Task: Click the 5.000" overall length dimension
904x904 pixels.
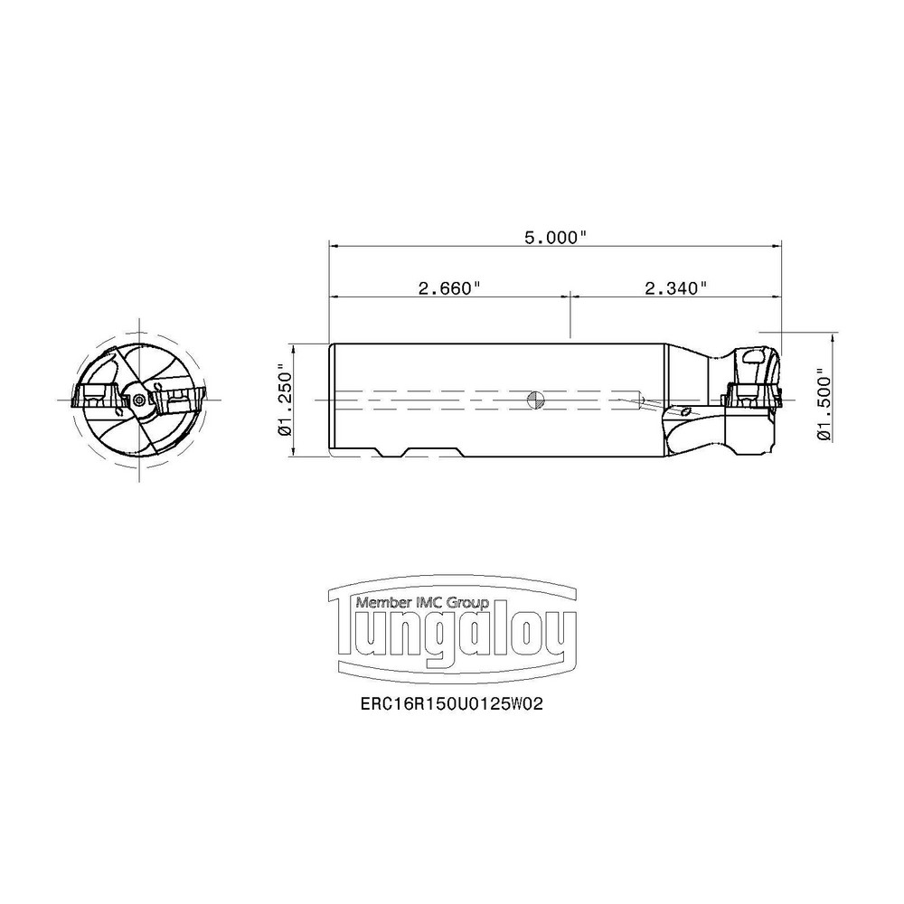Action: tap(555, 238)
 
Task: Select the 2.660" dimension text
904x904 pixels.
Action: tap(449, 288)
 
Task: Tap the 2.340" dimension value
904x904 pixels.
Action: tap(675, 288)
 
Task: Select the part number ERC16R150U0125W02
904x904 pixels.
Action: tap(451, 704)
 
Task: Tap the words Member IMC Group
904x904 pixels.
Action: tap(422, 602)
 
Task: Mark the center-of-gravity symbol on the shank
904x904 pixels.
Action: tap(535, 400)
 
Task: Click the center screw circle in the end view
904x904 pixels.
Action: tap(138, 400)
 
